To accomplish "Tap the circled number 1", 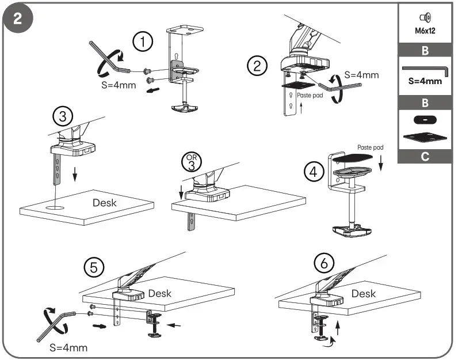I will (143, 42).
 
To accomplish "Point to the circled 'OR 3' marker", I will (189, 162).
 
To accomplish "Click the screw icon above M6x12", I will (425, 18).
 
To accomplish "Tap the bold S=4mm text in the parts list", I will (425, 81).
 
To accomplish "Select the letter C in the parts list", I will (425, 156).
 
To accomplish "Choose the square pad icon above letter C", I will (425, 137).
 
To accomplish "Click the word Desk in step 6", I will (364, 294).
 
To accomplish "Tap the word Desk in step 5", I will (159, 293).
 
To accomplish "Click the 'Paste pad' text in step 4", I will (369, 147).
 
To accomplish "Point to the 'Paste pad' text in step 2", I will (310, 96).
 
